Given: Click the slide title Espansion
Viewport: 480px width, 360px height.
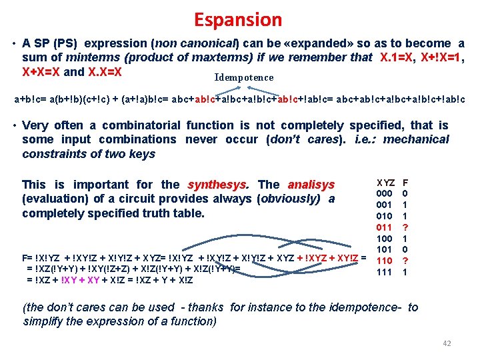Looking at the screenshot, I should (238, 20).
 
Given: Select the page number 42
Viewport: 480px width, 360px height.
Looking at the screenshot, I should (447, 343).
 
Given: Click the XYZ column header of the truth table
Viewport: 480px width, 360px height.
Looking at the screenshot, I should (386, 183).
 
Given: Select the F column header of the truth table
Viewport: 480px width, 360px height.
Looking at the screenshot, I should (406, 183).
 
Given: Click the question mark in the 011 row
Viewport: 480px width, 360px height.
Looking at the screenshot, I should (406, 227).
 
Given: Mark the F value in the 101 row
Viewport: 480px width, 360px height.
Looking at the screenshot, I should (406, 250).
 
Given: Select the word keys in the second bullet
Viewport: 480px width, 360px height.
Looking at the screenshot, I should (143, 154).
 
